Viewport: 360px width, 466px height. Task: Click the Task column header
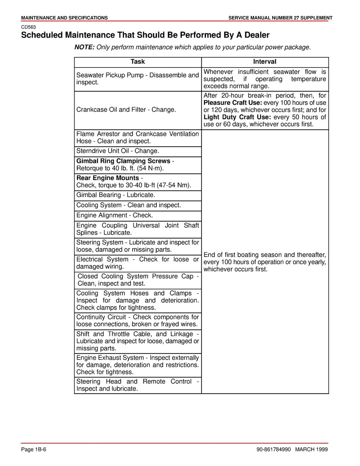click(137, 62)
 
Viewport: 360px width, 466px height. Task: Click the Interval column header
click(265, 62)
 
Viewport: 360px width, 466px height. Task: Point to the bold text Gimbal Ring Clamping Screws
click(123, 161)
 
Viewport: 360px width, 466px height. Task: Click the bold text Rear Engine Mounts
click(108, 178)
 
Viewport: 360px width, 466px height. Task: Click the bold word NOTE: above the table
click(84, 47)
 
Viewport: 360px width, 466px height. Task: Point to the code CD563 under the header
click(28, 27)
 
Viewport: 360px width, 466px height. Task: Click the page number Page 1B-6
click(34, 449)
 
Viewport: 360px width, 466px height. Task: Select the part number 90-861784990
click(272, 449)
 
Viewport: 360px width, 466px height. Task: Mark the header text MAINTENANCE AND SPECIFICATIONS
click(64, 18)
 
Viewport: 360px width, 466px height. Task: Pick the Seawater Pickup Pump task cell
click(137, 79)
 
